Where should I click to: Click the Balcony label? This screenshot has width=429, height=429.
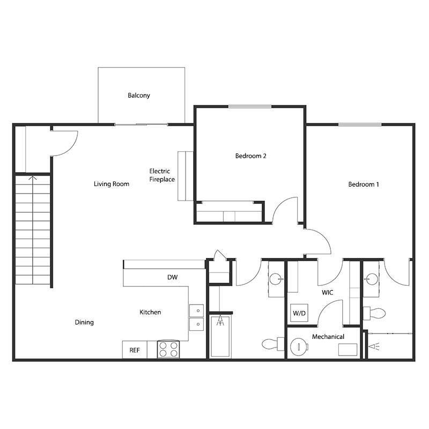[139, 95]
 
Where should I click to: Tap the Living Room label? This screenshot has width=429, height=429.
[112, 184]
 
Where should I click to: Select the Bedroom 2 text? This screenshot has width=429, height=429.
[251, 156]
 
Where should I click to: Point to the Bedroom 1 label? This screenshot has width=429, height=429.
[364, 184]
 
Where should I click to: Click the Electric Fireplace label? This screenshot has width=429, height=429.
[162, 175]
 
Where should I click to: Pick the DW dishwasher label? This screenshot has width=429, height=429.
[172, 277]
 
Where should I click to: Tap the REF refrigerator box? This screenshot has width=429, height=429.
[135, 350]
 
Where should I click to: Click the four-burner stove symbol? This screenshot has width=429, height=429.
[168, 350]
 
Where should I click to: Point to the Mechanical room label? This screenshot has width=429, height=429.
[328, 337]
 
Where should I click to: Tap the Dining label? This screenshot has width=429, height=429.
[84, 322]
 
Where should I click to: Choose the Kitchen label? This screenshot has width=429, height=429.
[150, 312]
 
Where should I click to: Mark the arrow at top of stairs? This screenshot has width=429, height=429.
[33, 178]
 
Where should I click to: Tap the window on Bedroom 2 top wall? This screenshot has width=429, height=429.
[250, 107]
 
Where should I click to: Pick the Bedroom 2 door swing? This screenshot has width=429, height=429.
[284, 211]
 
